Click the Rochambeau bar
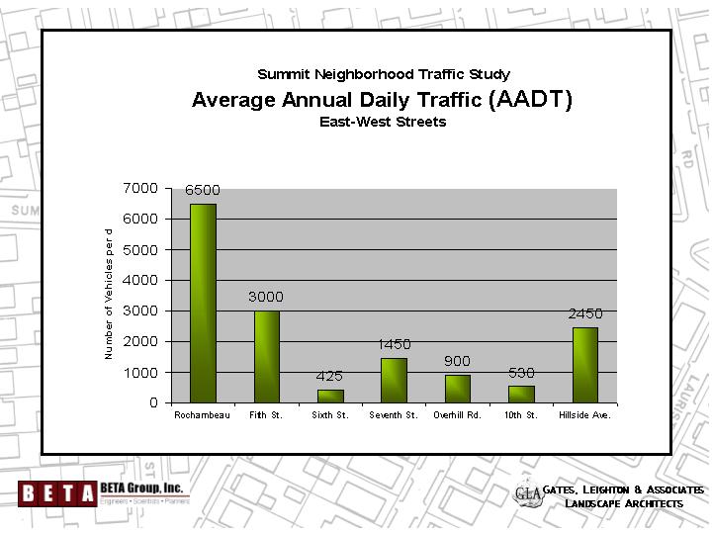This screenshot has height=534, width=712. coord(203,303)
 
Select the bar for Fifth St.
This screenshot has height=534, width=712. coord(266,356)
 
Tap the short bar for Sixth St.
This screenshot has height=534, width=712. coord(330,396)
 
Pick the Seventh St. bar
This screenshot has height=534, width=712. coord(394,380)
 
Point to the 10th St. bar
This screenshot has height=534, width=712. coord(521,394)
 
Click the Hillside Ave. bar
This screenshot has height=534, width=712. coord(584,365)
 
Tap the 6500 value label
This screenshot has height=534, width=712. coord(203,190)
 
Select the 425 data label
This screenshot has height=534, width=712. coord(329,376)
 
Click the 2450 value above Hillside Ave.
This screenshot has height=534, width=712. coord(584,313)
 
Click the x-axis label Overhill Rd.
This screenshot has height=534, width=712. coord(457,415)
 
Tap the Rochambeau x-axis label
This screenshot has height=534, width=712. coord(203,415)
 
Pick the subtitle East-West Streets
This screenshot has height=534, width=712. coord(383,122)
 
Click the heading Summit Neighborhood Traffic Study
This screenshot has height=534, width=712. coord(384,74)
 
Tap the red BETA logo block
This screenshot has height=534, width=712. coord(56,491)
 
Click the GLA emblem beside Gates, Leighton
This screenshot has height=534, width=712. coord(529,495)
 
